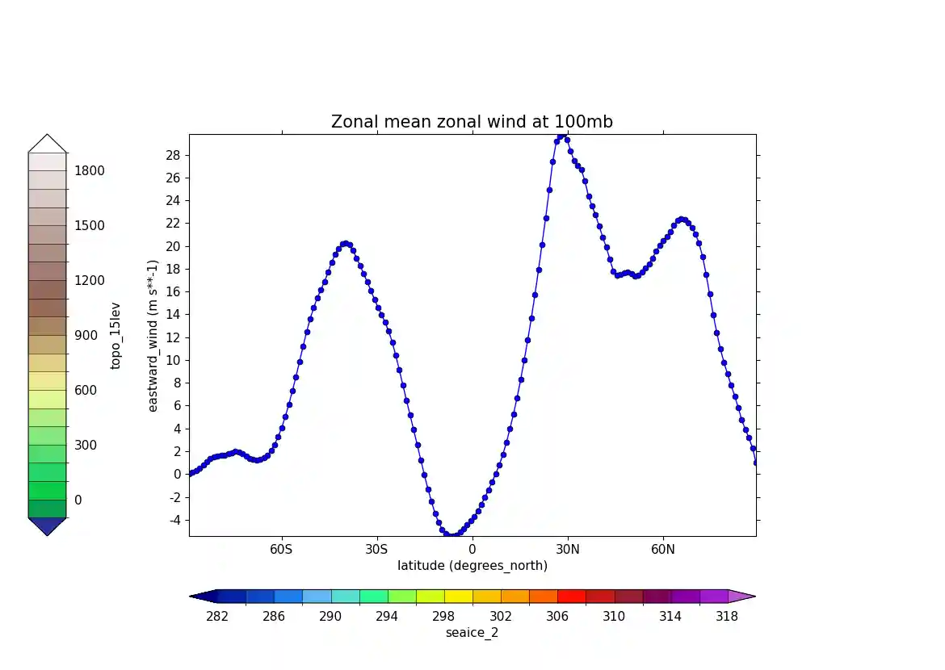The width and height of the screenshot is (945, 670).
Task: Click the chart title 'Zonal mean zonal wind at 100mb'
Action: (x=472, y=122)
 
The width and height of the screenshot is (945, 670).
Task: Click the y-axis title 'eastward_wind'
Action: (x=153, y=336)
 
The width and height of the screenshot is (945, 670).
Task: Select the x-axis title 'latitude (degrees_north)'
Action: (x=472, y=566)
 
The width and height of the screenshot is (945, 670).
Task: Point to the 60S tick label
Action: (x=282, y=549)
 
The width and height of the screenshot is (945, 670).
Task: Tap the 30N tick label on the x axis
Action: (x=568, y=549)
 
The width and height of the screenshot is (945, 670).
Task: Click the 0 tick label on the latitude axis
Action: (x=472, y=549)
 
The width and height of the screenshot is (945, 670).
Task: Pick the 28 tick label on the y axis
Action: (x=174, y=155)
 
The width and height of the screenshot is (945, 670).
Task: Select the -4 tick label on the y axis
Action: (x=174, y=520)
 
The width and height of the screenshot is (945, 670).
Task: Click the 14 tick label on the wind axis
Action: (x=174, y=315)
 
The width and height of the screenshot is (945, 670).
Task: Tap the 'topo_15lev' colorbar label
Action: (x=115, y=336)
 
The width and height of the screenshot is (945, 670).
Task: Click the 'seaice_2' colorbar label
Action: (x=472, y=633)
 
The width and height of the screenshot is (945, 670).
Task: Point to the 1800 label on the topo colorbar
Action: (x=89, y=171)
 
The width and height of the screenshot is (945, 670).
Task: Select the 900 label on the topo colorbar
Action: (x=86, y=336)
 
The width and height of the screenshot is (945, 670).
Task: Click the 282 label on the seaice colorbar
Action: (x=217, y=617)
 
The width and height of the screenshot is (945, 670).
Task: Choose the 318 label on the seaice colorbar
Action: (x=727, y=617)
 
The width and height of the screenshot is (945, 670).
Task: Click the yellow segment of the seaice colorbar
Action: (x=458, y=597)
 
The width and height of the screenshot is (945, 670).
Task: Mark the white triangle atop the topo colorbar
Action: (x=48, y=144)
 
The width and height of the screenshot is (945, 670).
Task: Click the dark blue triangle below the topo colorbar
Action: (x=48, y=525)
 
